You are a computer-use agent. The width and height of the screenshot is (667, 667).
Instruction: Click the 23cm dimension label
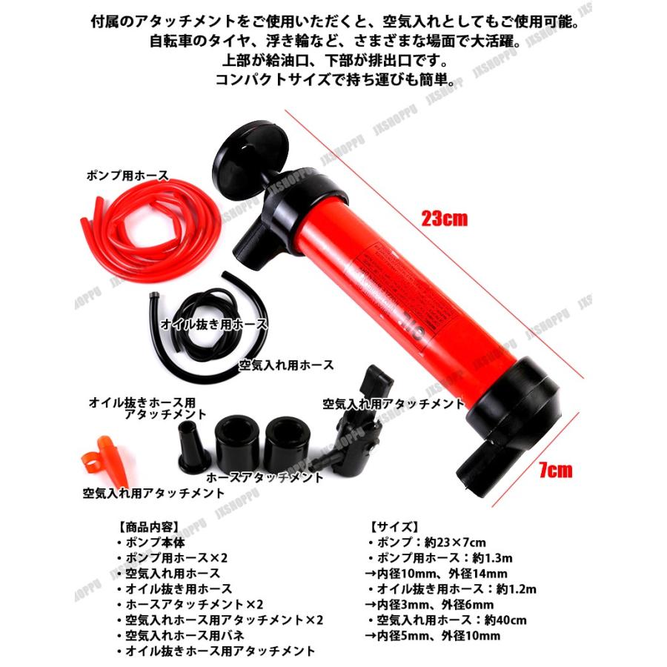click(444, 219)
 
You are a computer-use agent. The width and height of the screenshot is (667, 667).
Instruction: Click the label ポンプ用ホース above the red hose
click(126, 176)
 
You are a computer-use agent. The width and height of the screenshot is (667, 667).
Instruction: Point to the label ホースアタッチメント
click(265, 477)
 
